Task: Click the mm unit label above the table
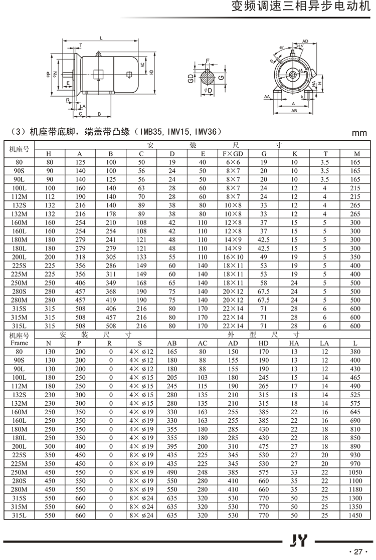pos(359,133)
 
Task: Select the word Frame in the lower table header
pos(19,343)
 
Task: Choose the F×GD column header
pos(233,154)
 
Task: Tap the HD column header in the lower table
pos(264,343)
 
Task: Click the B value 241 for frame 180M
pos(111,239)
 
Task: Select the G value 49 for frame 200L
pos(264,256)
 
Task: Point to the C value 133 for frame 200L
pos(141,256)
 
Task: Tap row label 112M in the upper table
pos(19,197)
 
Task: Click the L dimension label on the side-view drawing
pos(101,39)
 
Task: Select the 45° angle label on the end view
pos(282,48)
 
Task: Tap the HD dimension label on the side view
pos(151,71)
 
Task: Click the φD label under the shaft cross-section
pos(209,90)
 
